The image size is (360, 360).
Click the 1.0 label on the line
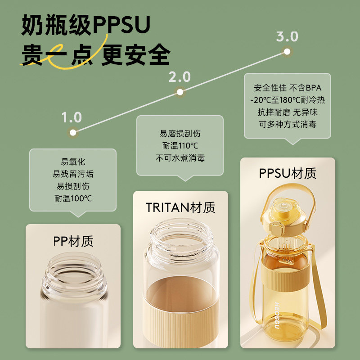click(72, 117)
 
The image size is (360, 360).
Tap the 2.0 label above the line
click(180, 77)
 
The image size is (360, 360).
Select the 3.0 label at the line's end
click(287, 36)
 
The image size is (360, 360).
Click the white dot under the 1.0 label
click(73, 132)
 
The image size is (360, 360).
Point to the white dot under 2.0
click(180, 92)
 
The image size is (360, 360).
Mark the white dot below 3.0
click(287, 52)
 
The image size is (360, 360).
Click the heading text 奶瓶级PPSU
click(85, 25)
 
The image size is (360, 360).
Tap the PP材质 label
click(73, 241)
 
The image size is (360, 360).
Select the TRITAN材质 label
click(180, 207)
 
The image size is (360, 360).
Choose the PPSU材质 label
click(288, 173)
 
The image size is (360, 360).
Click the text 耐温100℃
click(73, 198)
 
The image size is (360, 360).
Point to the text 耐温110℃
click(180, 145)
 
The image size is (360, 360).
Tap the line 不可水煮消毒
click(180, 158)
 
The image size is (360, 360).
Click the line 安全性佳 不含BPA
click(288, 88)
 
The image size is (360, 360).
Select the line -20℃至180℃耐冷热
click(288, 100)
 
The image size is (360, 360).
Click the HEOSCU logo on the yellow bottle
click(277, 315)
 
